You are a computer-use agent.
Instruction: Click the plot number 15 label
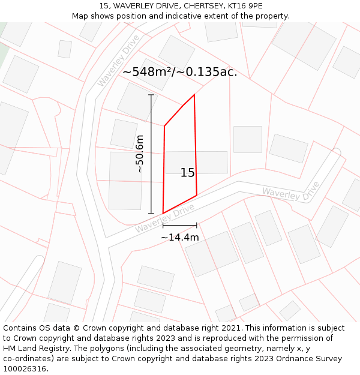click(187, 173)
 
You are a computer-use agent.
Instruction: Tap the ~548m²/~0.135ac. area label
click(179, 72)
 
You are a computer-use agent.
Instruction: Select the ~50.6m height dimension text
click(140, 154)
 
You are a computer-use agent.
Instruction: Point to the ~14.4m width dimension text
click(179, 238)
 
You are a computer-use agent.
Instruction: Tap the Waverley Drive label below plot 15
click(165, 218)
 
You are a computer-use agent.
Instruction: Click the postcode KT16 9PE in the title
click(243, 6)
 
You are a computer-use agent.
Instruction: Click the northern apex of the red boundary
click(194, 95)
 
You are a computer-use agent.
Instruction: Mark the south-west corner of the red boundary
click(163, 213)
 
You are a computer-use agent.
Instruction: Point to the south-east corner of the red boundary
click(197, 195)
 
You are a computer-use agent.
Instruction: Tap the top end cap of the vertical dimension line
click(151, 95)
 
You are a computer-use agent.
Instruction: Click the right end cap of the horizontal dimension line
click(197, 226)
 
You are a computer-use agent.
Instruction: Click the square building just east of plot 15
click(247, 139)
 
